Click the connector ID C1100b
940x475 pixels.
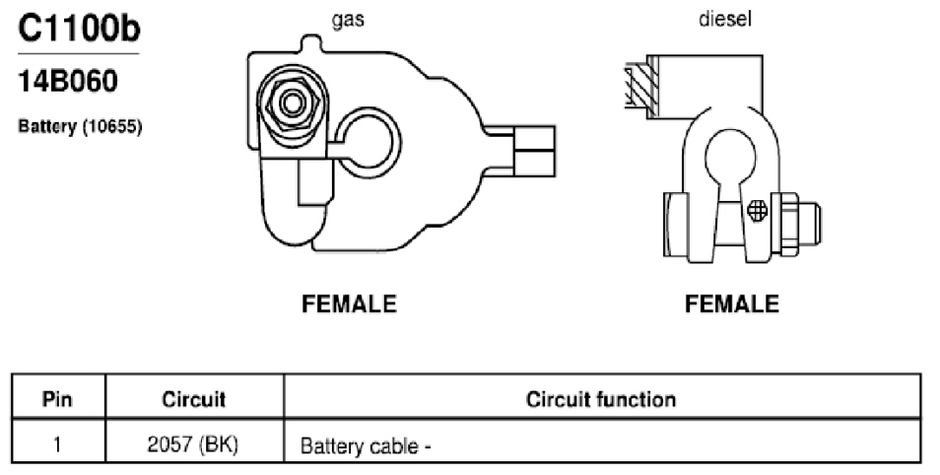[79, 29]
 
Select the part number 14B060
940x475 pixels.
[68, 82]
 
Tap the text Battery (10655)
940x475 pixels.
[80, 126]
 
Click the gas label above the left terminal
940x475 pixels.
[348, 20]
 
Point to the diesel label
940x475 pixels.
[725, 19]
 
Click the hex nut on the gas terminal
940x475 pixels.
[292, 103]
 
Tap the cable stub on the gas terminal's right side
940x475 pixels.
[534, 151]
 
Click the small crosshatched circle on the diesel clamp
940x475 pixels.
[758, 210]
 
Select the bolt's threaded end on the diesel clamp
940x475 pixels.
[810, 224]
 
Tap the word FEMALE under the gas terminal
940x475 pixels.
[349, 305]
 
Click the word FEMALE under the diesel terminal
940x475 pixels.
[732, 305]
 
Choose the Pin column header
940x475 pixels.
[57, 399]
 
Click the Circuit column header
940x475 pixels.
[194, 399]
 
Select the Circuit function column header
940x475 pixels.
[601, 399]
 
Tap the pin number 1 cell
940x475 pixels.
[57, 444]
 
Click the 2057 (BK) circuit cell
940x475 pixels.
[192, 444]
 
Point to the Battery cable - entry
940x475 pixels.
[366, 446]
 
